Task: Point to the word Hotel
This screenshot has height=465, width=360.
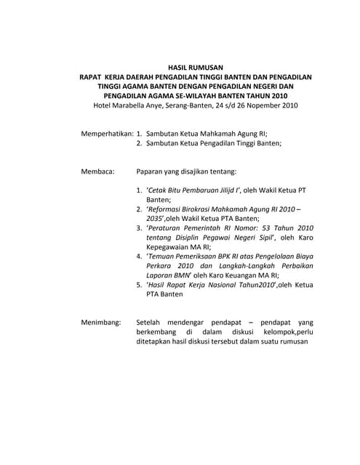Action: (105, 105)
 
